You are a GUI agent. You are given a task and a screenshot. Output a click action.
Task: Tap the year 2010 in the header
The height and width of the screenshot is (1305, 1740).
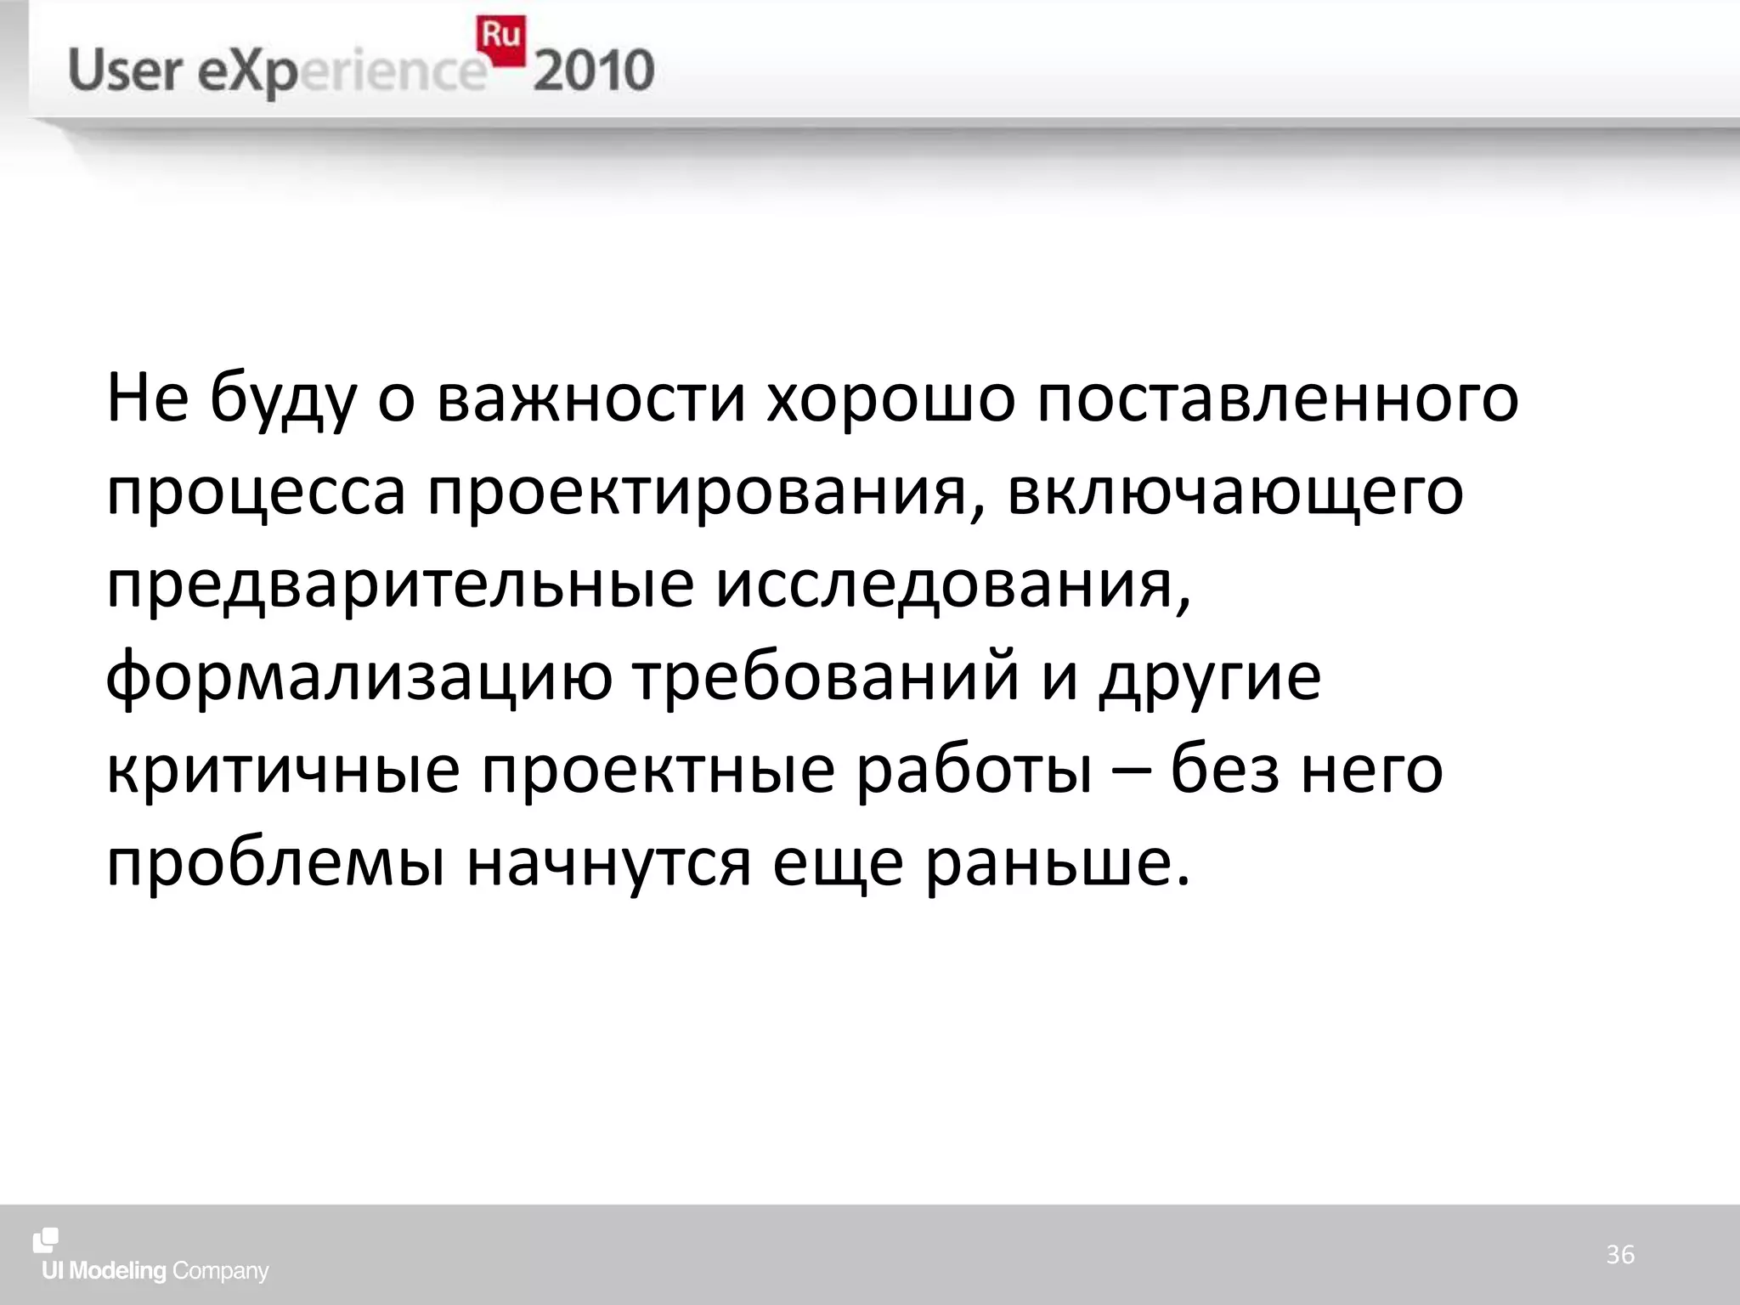coord(594,71)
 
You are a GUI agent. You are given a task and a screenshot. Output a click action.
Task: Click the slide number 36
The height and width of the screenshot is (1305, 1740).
coord(1619,1255)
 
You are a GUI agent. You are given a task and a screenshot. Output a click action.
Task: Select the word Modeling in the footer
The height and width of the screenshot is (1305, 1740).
coord(117,1271)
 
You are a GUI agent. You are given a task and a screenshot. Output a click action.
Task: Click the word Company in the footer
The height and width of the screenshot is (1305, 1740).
coord(220,1272)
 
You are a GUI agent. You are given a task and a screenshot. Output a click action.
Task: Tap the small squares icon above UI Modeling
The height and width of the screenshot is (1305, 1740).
coord(46,1240)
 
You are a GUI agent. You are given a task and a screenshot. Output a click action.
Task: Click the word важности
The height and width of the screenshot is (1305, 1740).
coord(591,398)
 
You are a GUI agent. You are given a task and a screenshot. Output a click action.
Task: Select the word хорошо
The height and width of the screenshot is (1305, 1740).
coord(890,398)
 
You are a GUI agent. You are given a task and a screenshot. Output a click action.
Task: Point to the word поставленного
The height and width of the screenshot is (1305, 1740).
coord(1277,398)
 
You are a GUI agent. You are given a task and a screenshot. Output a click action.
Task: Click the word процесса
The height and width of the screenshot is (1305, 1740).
coord(256,492)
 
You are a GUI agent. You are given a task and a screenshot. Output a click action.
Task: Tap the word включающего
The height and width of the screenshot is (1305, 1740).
coord(1235,494)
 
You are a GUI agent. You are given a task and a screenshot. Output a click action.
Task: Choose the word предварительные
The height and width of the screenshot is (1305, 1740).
coord(400,585)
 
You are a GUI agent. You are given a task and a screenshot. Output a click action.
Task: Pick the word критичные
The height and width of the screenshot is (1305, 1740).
coord(283,771)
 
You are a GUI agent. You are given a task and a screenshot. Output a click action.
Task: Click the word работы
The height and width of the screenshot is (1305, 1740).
coord(975,771)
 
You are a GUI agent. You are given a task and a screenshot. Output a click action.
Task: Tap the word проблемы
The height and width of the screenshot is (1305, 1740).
coord(275,864)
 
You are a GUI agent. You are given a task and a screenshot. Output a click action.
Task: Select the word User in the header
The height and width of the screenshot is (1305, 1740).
coord(125,71)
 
